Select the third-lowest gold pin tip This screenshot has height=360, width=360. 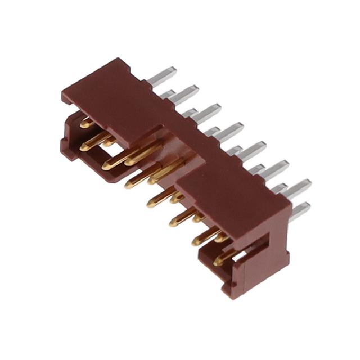[173, 222]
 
